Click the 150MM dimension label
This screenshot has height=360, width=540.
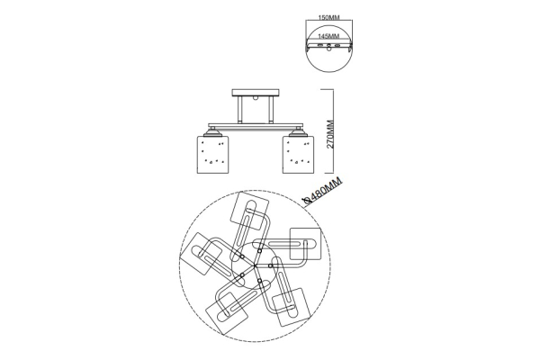(329, 18)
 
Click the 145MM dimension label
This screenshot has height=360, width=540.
(328, 36)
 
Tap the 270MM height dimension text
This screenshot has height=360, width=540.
(330, 134)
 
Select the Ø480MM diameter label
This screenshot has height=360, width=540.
(323, 191)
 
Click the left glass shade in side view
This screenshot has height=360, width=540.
(212, 154)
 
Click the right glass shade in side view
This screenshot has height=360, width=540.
(298, 154)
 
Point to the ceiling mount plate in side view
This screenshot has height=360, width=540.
(256, 93)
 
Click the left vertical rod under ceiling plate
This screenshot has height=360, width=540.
(240, 110)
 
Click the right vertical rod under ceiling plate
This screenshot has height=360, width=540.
(272, 110)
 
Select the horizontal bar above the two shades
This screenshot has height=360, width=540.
(256, 126)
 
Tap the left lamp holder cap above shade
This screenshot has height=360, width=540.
(212, 132)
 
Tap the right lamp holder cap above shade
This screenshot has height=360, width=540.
(298, 132)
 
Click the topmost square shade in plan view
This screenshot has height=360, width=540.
(250, 211)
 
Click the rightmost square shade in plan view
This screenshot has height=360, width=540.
(305, 244)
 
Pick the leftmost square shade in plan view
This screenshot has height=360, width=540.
(201, 254)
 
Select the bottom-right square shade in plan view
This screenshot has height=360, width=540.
(292, 307)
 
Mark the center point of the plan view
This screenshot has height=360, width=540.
(255, 265)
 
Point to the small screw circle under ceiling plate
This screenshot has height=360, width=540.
(256, 98)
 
